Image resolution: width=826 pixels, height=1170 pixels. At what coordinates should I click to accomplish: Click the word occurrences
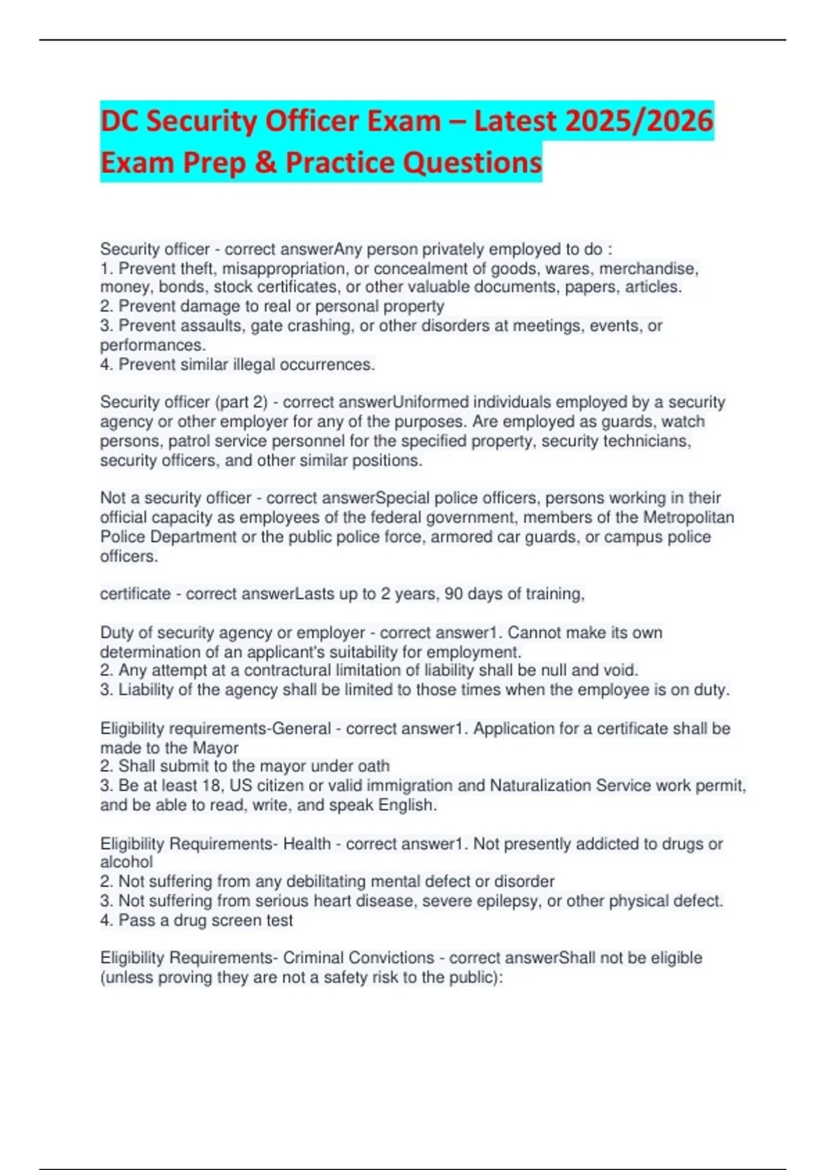click(332, 364)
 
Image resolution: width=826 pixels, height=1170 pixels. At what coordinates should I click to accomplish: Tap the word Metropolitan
click(688, 517)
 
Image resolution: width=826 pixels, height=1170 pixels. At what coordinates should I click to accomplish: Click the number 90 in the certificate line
click(454, 594)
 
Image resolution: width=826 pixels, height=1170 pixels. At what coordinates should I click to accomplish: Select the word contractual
click(285, 670)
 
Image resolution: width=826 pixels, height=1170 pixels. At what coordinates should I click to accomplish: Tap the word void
click(621, 670)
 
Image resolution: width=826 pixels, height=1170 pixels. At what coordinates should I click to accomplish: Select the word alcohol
click(127, 862)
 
